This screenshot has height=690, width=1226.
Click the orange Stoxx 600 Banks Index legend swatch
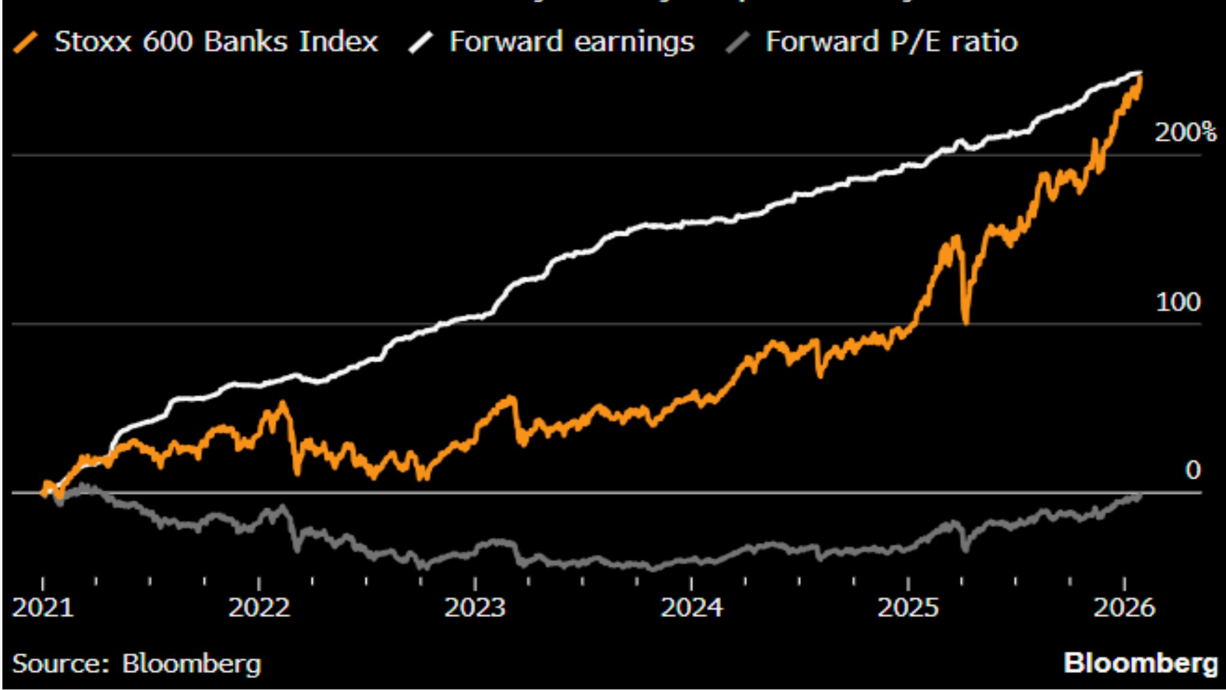click(26, 43)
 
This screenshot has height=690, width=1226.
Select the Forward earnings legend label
click(572, 42)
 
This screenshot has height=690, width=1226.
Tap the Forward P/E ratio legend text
click(891, 42)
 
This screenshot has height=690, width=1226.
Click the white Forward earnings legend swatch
click(421, 43)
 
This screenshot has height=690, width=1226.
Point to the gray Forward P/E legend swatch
click(737, 43)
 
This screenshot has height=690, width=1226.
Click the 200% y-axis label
click(1185, 132)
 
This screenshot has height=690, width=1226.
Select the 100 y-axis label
click(1178, 302)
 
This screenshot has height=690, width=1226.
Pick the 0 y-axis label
click(1193, 470)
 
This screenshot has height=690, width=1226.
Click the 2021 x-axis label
click(43, 608)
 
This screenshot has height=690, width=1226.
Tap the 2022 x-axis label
click(259, 608)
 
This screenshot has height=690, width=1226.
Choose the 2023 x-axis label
click(475, 608)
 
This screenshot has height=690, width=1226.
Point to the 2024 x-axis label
click(692, 608)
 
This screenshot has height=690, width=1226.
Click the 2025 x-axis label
click(908, 608)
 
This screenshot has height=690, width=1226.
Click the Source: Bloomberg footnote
click(136, 664)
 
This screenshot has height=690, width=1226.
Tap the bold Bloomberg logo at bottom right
click(1140, 664)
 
